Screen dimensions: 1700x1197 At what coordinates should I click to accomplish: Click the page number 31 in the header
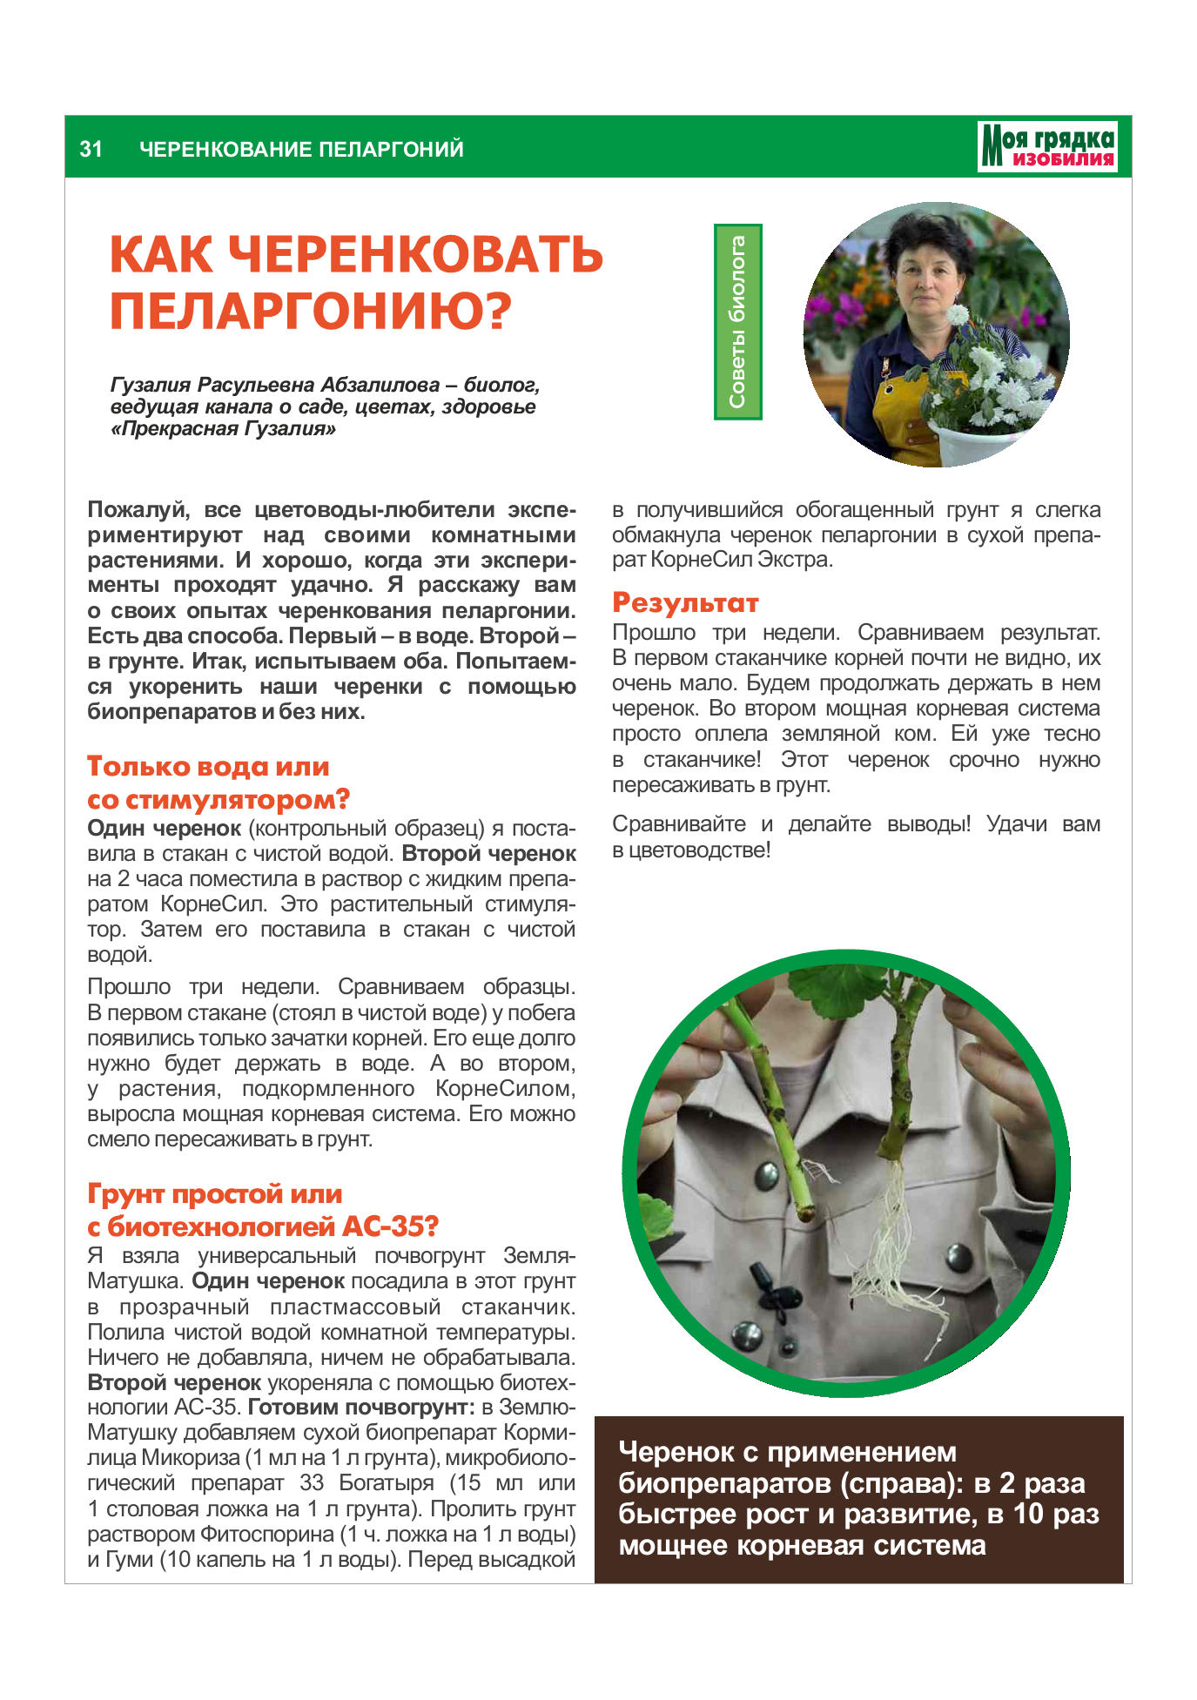(91, 149)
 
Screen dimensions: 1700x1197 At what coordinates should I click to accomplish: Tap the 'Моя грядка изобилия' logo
(1047, 146)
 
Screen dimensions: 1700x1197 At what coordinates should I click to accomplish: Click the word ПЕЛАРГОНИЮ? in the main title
(310, 311)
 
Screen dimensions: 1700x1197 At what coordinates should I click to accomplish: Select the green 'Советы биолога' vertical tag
(737, 321)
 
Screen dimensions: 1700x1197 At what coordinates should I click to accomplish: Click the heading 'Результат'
(685, 602)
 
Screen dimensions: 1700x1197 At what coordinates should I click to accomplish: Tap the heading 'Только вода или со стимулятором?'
(218, 783)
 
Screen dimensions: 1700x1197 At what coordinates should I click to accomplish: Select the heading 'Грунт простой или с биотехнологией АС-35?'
(262, 1210)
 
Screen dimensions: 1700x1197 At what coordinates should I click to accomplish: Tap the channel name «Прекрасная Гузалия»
(223, 429)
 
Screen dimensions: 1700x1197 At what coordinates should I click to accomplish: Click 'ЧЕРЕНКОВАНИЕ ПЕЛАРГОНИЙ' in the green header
(301, 149)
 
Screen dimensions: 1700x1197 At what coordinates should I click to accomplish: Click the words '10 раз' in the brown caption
(1056, 1514)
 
